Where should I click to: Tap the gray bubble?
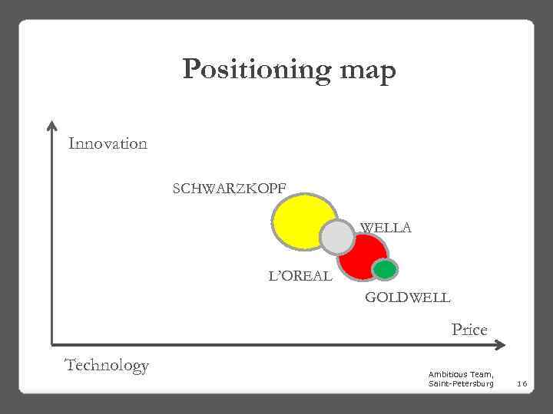(336, 238)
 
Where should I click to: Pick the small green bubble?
(385, 269)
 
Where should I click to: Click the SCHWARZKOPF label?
(231, 187)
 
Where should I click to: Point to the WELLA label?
(386, 228)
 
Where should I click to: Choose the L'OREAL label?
(300, 275)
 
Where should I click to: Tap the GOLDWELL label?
(407, 297)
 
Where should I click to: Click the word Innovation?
(108, 143)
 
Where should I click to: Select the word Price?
(469, 330)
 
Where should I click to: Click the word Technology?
(107, 365)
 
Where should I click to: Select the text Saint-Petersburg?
(461, 383)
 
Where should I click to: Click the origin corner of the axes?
(52, 344)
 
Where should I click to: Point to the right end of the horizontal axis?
(498, 344)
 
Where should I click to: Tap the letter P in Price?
(456, 330)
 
